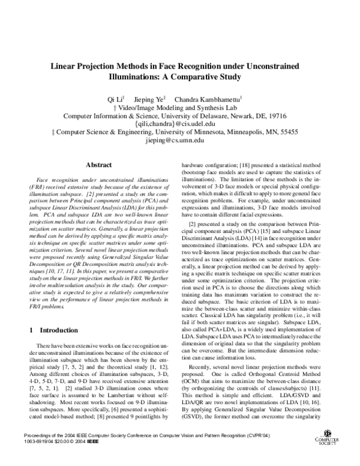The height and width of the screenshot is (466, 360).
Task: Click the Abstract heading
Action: click(100, 164)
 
